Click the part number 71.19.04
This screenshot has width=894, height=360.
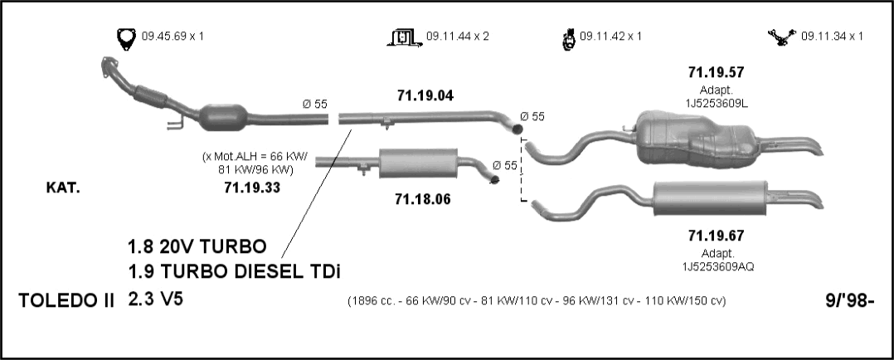425,96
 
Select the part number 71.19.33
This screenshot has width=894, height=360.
252,187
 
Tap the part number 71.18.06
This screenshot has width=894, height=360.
422,199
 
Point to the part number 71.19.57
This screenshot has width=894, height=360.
717,72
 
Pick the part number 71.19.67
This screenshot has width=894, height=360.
717,235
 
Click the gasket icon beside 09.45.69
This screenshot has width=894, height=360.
126,38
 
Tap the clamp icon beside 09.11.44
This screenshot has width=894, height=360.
404,37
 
